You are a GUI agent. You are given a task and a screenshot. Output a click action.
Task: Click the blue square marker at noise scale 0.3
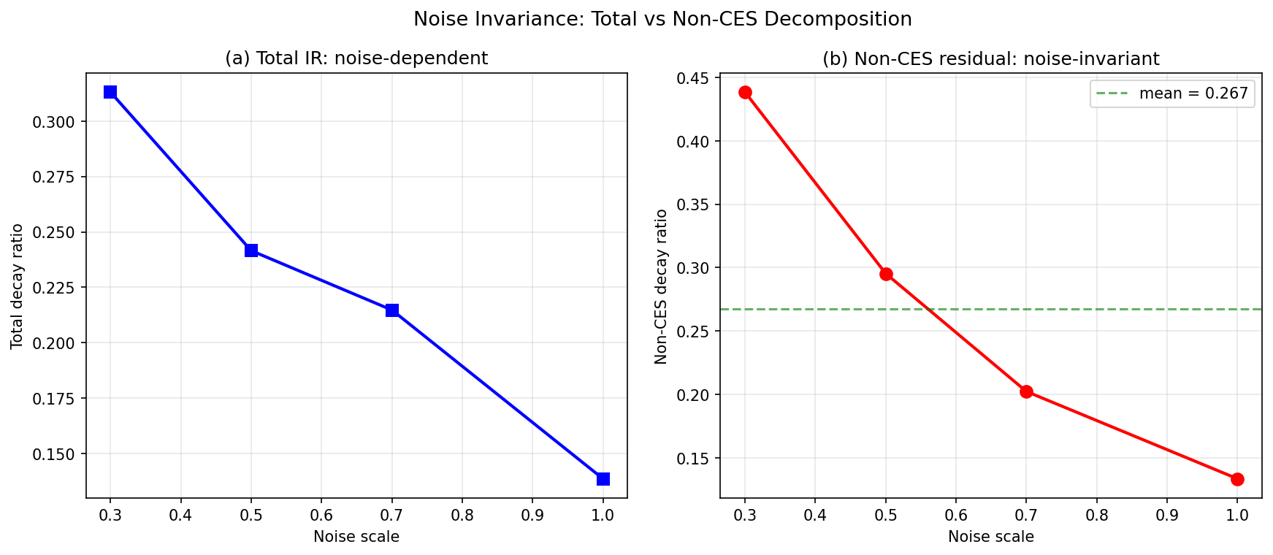click(x=110, y=92)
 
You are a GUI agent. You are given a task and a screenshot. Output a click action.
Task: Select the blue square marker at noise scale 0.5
click(x=251, y=250)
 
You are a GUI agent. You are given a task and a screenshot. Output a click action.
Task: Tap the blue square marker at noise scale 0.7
click(x=392, y=310)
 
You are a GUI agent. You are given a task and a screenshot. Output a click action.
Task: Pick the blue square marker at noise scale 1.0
click(x=603, y=479)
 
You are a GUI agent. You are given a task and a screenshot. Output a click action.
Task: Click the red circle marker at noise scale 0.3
click(x=745, y=92)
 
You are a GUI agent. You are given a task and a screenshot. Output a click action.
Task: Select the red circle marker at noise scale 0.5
click(x=886, y=274)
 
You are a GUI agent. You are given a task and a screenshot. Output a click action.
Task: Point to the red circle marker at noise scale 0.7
click(x=1026, y=391)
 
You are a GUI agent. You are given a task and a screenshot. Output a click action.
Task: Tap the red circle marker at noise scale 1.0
click(x=1237, y=479)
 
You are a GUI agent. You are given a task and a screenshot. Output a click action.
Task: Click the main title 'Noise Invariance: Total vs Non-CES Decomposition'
click(x=662, y=19)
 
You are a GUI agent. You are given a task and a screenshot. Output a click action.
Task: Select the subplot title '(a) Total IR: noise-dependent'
click(x=356, y=58)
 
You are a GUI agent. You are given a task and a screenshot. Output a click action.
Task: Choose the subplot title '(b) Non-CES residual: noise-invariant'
click(x=990, y=58)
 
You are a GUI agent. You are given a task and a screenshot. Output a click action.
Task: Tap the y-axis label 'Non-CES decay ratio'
click(x=661, y=286)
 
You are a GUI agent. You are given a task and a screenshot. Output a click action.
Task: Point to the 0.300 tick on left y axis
click(x=53, y=122)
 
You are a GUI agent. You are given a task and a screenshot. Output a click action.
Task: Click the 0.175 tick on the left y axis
click(x=53, y=399)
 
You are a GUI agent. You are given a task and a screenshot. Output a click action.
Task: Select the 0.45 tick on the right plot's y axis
click(x=693, y=78)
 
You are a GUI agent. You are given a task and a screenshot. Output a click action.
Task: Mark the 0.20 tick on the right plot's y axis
click(x=693, y=395)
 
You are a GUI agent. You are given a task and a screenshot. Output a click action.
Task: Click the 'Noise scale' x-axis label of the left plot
click(x=356, y=537)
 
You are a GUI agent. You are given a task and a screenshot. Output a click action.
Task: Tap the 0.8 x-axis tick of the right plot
click(x=1096, y=515)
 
